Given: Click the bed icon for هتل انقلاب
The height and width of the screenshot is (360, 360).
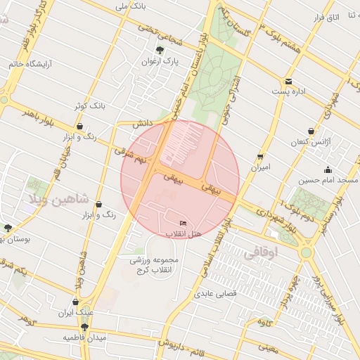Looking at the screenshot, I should point(184,223).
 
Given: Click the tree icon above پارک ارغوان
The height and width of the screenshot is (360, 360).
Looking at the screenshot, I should point(160,50).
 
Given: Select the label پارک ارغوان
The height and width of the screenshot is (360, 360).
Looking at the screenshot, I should point(159,61).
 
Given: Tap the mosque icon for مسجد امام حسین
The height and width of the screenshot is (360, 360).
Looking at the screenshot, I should point(328,169).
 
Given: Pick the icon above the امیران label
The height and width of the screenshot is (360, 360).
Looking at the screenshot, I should point(261,157).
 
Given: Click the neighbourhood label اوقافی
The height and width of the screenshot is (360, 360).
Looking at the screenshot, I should point(264,252).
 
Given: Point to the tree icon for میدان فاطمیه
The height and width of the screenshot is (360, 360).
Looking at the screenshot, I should point(84,327).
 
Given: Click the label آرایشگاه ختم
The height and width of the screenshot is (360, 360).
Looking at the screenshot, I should point(32,63).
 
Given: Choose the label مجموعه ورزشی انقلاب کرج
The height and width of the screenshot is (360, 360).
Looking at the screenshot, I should point(155,265).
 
